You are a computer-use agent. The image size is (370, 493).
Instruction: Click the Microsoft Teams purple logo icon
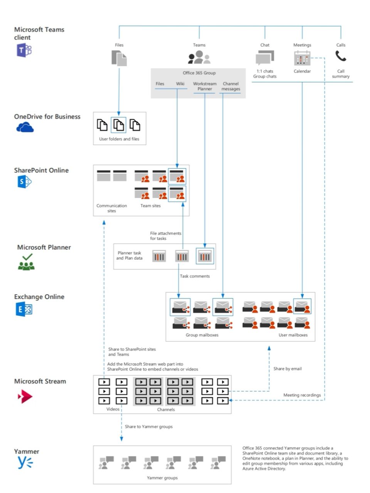24,50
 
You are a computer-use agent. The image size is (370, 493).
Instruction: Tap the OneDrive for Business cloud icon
25,127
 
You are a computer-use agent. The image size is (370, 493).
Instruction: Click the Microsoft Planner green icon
26,262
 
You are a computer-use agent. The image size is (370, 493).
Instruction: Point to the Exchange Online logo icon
24,309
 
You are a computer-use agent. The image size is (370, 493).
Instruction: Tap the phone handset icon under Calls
341,57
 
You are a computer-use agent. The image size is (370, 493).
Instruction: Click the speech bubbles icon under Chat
265,58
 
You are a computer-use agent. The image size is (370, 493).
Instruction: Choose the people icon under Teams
199,57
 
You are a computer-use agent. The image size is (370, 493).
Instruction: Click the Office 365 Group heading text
199,73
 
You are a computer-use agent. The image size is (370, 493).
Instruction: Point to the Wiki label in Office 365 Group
180,84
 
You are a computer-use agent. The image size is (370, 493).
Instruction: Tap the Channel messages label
231,86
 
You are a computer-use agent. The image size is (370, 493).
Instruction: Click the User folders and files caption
119,139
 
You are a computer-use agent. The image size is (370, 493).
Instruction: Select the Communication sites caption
112,208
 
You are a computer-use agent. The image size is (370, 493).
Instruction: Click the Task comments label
195,276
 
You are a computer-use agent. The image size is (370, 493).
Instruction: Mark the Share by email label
288,369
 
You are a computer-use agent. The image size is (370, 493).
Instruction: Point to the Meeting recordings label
302,395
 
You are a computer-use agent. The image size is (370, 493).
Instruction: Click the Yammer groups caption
162,478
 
